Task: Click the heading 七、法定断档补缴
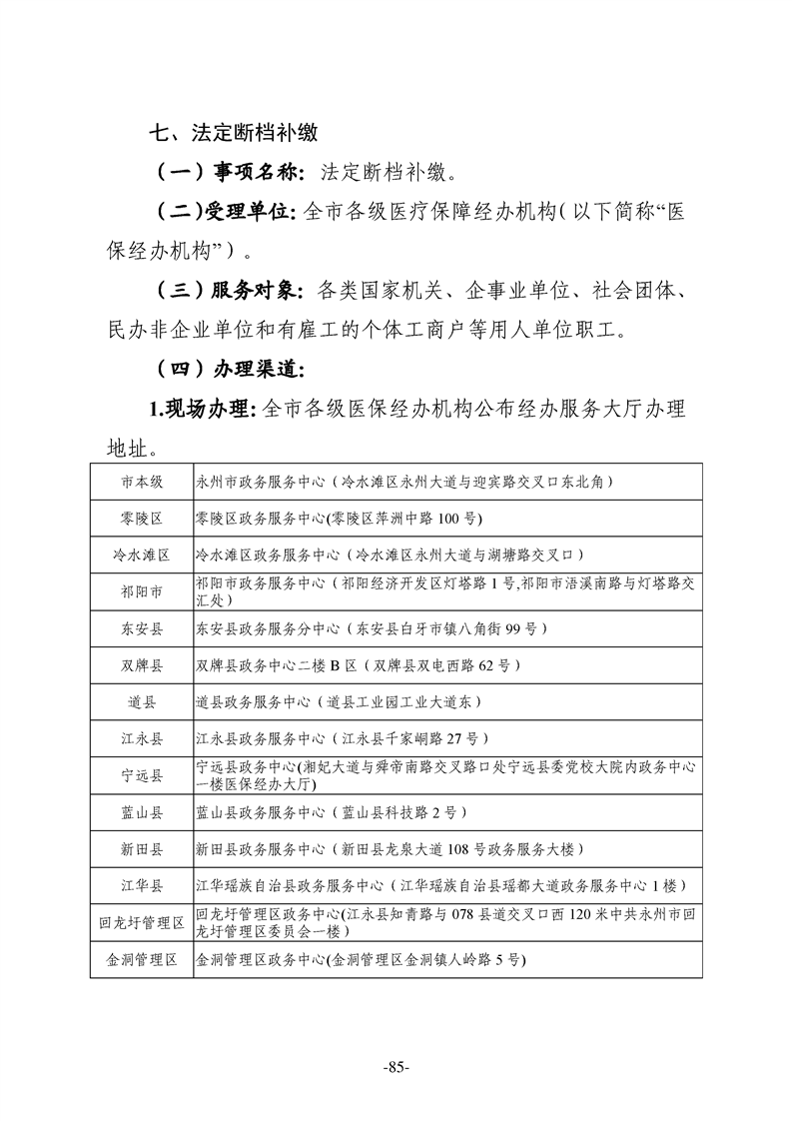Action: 233,132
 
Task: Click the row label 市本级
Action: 142,481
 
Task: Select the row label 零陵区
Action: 142,518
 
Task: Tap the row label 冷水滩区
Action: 142,555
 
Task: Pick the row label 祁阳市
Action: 142,591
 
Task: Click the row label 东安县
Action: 142,628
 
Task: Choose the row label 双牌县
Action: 142,665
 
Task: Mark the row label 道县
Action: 142,702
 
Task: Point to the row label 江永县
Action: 142,739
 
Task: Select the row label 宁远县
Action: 142,775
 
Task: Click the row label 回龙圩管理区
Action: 142,922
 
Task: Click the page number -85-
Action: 396,1067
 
